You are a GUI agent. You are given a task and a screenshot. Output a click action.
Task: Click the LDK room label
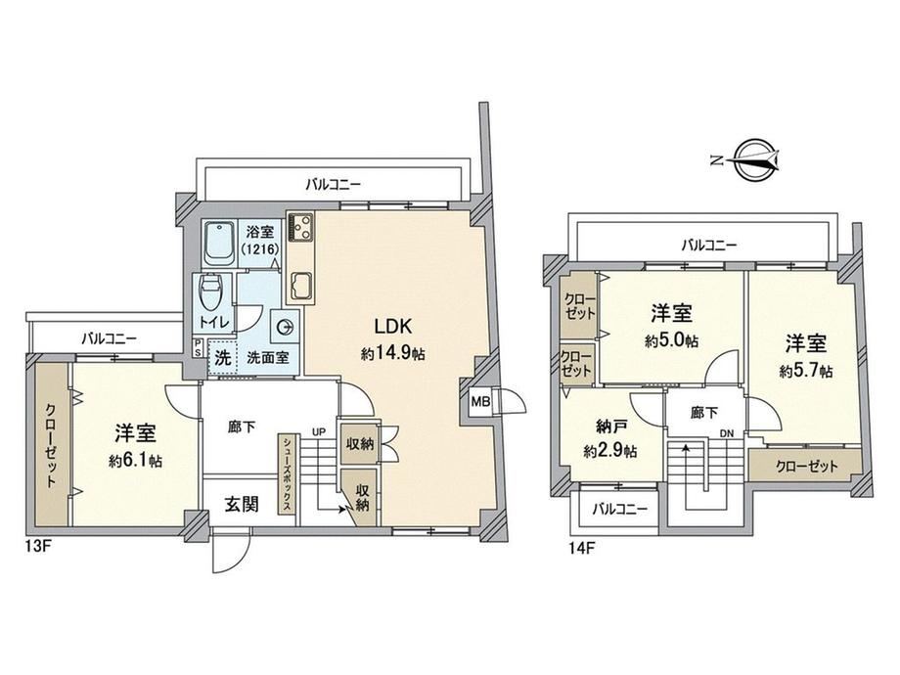click(393, 326)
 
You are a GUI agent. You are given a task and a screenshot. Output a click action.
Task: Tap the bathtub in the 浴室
click(218, 244)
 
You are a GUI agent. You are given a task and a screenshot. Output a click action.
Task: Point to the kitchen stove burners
click(300, 227)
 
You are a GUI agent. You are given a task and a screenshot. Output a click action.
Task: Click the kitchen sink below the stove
click(301, 286)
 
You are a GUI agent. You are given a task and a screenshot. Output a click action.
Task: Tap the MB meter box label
click(480, 402)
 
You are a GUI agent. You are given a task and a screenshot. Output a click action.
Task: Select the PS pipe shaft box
click(198, 348)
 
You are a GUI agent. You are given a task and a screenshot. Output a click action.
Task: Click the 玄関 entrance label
click(242, 504)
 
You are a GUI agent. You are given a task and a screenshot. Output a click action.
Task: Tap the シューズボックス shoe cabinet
click(287, 473)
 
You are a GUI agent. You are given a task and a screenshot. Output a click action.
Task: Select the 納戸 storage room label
click(610, 427)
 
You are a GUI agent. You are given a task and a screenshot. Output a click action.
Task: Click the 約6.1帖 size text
click(135, 461)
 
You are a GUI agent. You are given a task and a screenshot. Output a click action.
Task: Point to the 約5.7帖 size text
click(806, 371)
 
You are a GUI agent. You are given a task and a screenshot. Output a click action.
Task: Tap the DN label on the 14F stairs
click(727, 434)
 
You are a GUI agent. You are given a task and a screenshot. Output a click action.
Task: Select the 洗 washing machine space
click(223, 358)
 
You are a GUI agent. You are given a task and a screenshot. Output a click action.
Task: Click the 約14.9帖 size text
click(393, 353)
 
